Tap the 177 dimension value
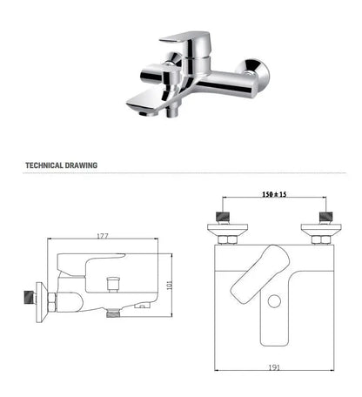tap(102, 235)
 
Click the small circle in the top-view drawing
tap(275, 301)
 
